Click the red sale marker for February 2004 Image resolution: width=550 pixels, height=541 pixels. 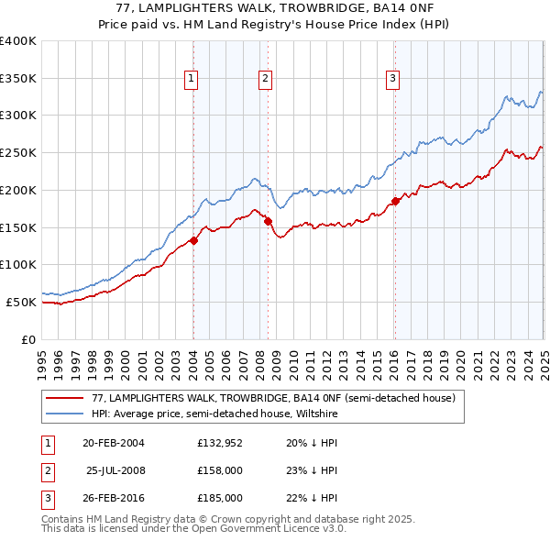[x=193, y=240]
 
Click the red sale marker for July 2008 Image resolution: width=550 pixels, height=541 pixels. [x=268, y=221]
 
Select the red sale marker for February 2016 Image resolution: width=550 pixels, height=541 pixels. [x=395, y=201]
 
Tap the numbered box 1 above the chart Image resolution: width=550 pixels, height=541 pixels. [x=192, y=80]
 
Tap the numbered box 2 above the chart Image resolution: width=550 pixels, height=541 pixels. [x=265, y=80]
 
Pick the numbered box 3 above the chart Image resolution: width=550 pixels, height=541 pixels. [x=392, y=80]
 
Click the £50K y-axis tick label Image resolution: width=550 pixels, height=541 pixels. [x=21, y=302]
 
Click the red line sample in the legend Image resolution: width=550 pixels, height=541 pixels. [x=66, y=398]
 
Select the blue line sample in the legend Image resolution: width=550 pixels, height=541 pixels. [x=66, y=414]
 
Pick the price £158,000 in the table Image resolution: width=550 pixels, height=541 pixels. [x=220, y=470]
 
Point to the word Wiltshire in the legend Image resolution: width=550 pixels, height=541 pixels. [x=317, y=414]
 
